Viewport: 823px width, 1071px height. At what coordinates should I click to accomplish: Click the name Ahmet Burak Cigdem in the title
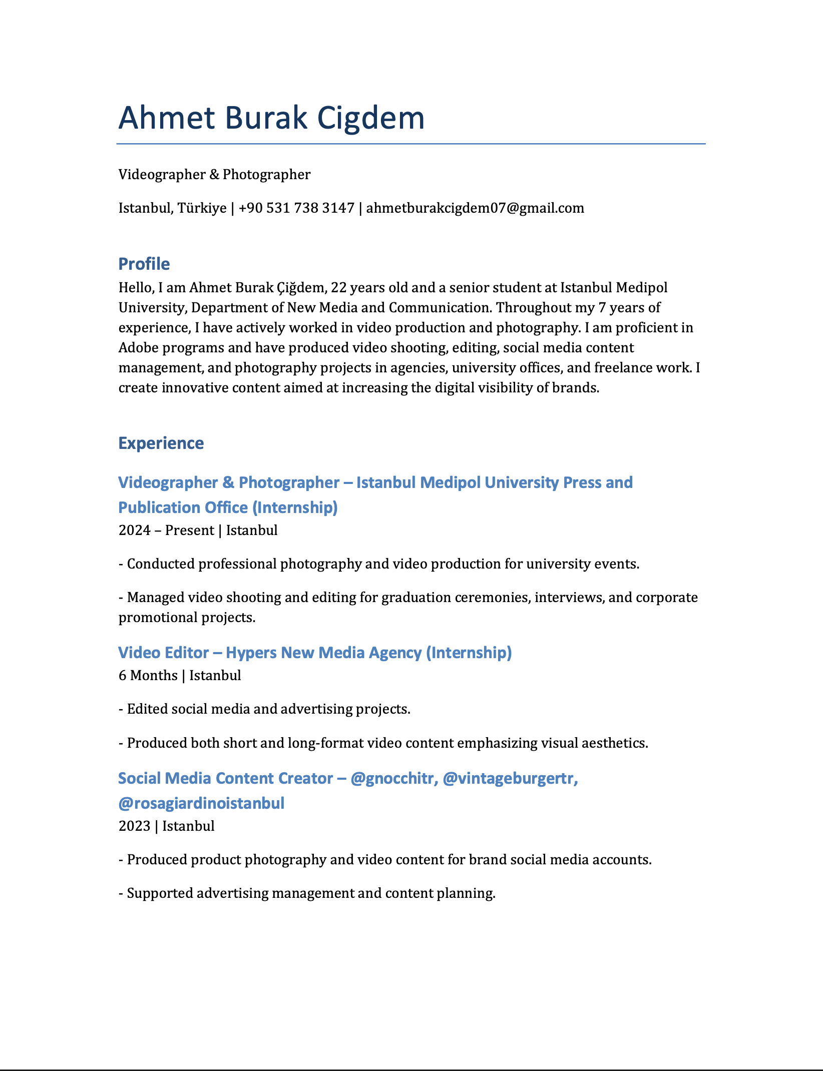coord(271,118)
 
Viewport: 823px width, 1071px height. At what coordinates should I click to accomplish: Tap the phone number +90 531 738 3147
coord(296,208)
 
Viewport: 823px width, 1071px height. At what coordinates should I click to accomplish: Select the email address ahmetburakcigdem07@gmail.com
coord(475,208)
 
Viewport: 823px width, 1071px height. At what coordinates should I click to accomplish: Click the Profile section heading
coord(144,264)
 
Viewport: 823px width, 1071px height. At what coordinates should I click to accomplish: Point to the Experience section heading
coord(161,443)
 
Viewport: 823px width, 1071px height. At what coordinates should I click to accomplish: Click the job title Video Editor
coord(163,653)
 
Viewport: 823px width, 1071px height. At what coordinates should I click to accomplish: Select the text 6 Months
coord(148,676)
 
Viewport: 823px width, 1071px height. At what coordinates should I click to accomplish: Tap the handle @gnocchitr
coord(392,778)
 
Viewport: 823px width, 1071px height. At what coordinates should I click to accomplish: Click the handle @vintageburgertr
coord(510,778)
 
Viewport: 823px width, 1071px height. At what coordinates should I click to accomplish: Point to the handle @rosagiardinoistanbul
coord(201,803)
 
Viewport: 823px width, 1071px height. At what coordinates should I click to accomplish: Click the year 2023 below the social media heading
coord(134,826)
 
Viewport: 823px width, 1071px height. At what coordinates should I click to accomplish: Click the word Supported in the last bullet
coord(160,893)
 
